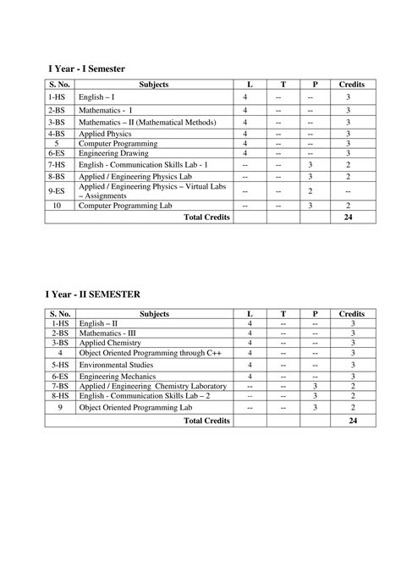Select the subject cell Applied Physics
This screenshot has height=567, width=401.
(x=106, y=134)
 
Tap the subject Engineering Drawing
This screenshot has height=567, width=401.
(x=114, y=154)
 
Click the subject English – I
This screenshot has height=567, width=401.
(x=98, y=99)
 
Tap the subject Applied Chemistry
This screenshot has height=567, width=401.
(x=109, y=343)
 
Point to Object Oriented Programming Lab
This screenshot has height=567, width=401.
(x=135, y=407)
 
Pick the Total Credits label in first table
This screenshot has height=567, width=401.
(x=206, y=217)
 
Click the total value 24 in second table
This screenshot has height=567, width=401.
(x=353, y=420)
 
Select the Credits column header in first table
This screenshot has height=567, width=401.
(x=351, y=85)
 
